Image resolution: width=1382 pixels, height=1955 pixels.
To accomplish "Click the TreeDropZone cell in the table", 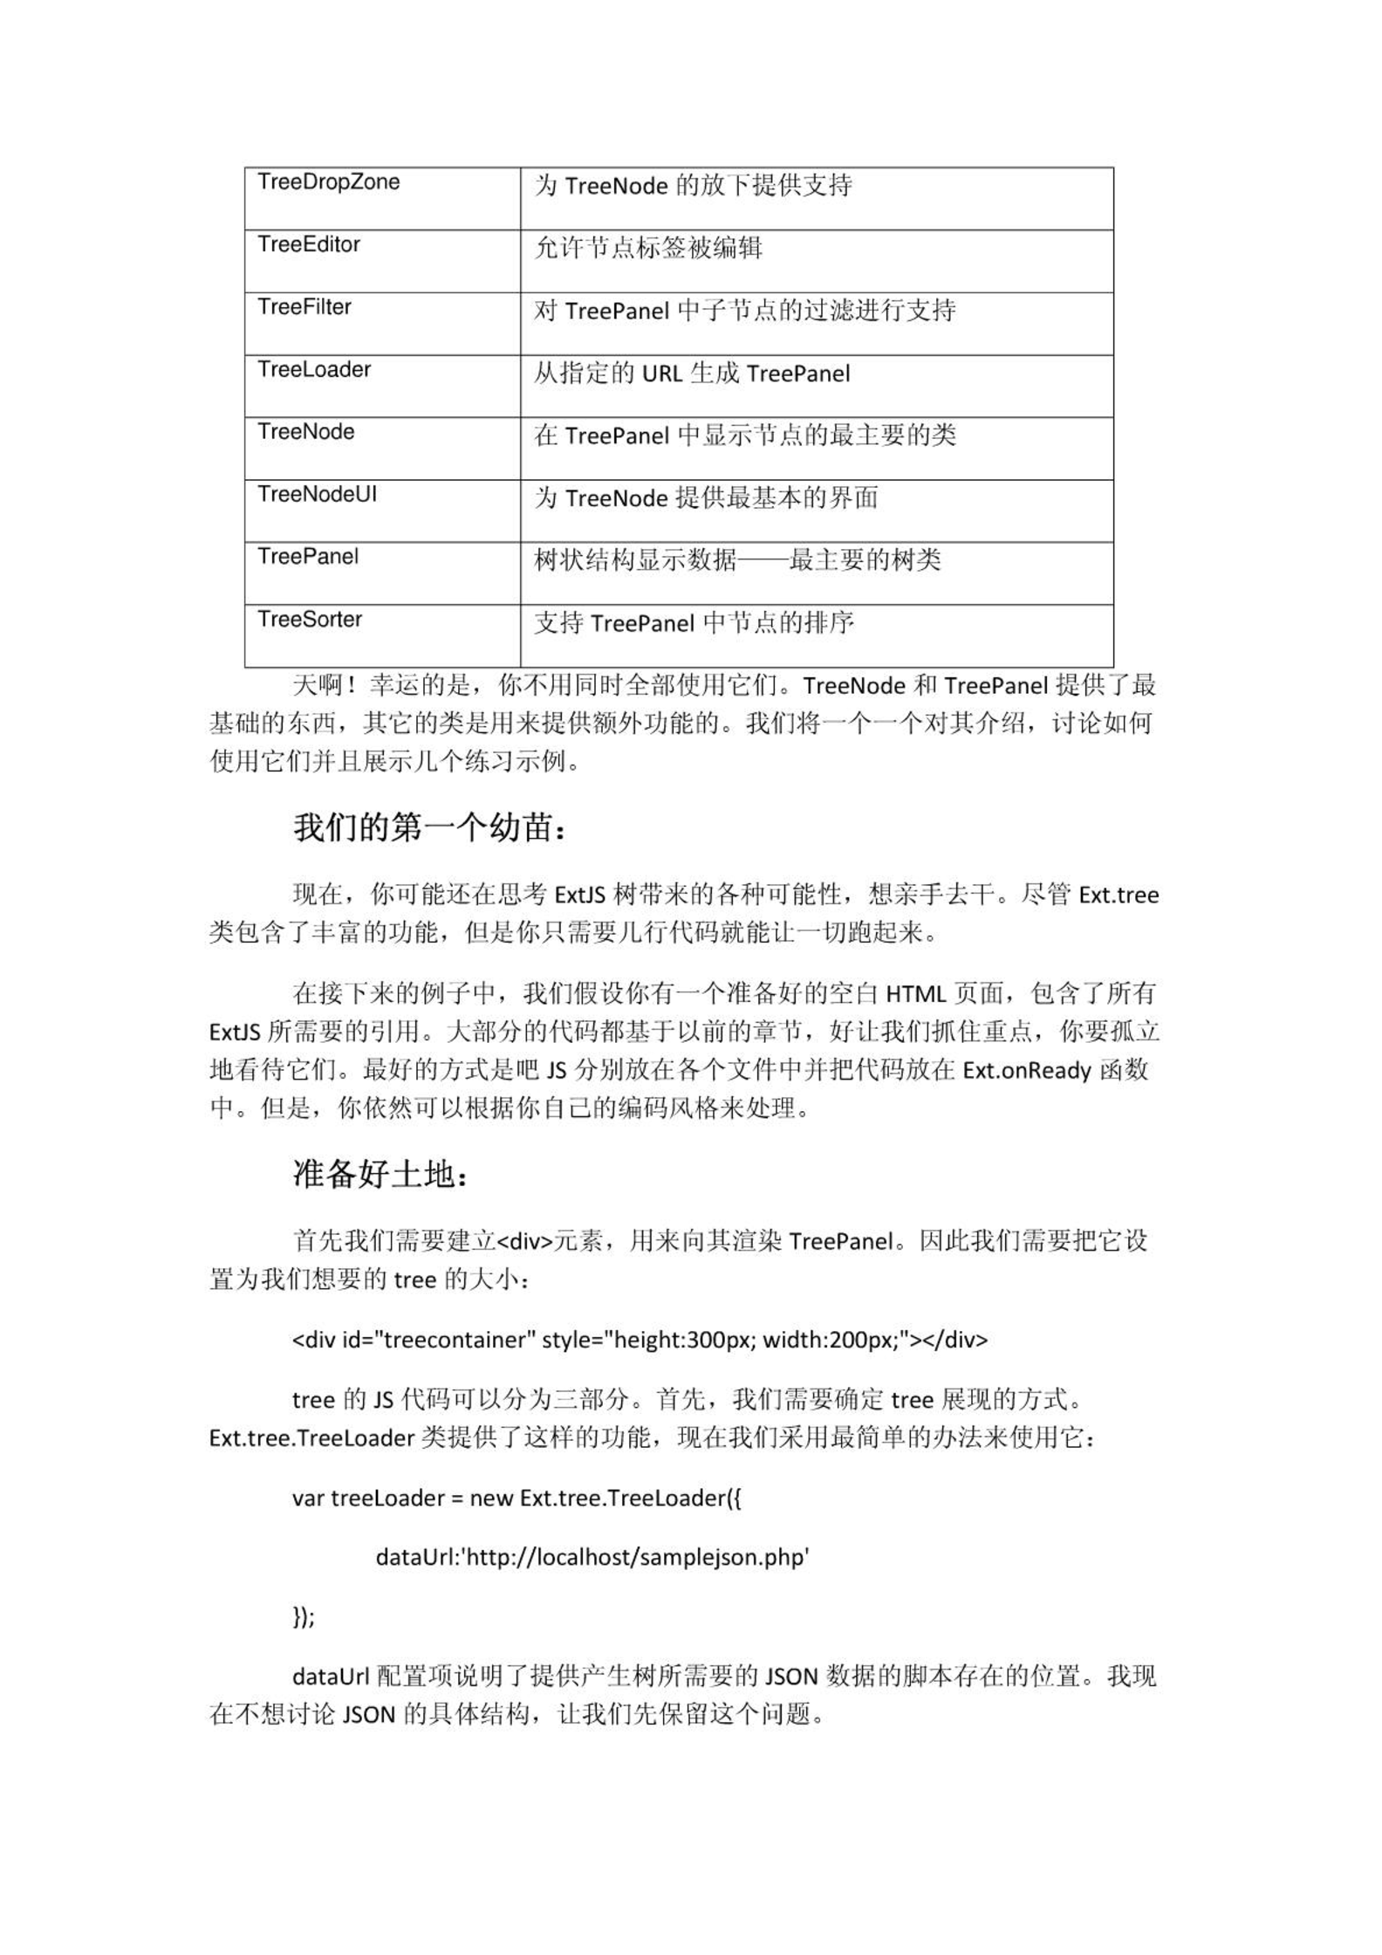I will (x=329, y=182).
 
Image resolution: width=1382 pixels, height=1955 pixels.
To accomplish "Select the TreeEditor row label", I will (x=309, y=245).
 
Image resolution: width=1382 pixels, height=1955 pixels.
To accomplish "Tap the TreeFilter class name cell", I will (x=304, y=307).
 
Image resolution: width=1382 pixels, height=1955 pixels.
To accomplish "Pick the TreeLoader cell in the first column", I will (x=314, y=370).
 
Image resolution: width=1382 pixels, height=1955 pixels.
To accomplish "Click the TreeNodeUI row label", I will (x=318, y=495).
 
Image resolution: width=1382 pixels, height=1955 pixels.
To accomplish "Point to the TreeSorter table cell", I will (x=310, y=620).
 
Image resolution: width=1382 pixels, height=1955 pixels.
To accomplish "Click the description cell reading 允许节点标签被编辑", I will (x=648, y=249).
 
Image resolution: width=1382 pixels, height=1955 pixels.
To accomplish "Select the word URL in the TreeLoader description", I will (x=662, y=374).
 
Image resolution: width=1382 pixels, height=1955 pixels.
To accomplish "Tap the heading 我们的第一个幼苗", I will (x=429, y=827).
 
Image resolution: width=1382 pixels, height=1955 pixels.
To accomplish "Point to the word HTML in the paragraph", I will (x=916, y=994).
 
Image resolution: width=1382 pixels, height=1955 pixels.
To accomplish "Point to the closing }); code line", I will (x=303, y=1617).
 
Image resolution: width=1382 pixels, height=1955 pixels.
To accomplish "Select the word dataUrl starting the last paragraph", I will (x=332, y=1677).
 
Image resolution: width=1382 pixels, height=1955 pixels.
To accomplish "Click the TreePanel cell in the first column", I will (x=308, y=557).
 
